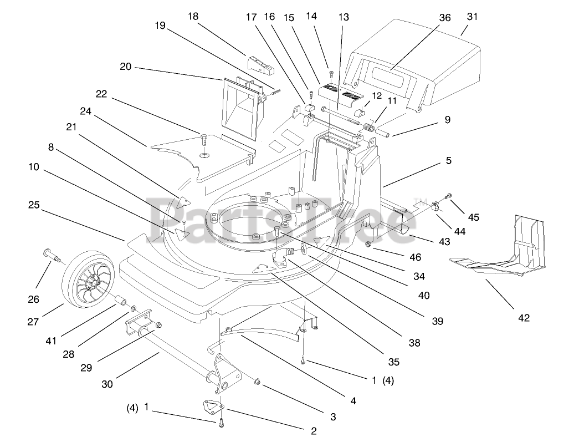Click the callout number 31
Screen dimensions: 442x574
(x=471, y=17)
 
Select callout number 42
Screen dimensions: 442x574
(x=524, y=318)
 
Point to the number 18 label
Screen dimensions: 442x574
(x=193, y=16)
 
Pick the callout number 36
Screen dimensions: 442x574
(x=445, y=18)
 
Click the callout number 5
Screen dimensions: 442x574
(x=448, y=161)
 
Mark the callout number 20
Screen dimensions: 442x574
(x=125, y=67)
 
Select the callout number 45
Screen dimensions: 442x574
(x=474, y=217)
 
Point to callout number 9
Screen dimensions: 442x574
(x=448, y=119)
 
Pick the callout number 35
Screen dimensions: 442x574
(x=393, y=362)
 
